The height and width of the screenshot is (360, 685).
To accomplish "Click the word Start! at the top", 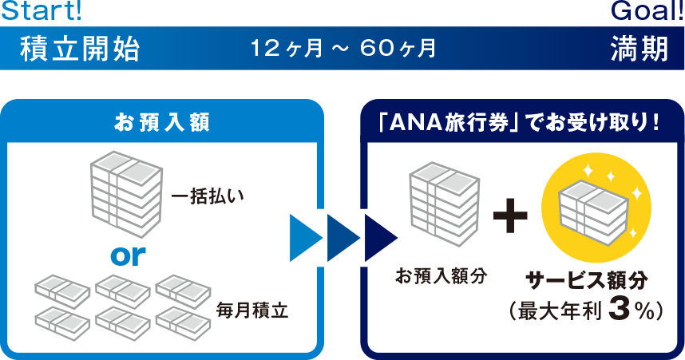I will (41, 11).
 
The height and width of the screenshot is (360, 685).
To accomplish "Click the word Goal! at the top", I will (646, 11).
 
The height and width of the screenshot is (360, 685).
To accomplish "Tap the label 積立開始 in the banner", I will (80, 49).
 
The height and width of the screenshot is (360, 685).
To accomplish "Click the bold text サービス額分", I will (586, 279).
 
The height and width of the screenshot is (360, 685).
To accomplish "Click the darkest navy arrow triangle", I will (380, 238).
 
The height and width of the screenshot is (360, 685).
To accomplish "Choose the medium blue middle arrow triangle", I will (342, 238).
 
